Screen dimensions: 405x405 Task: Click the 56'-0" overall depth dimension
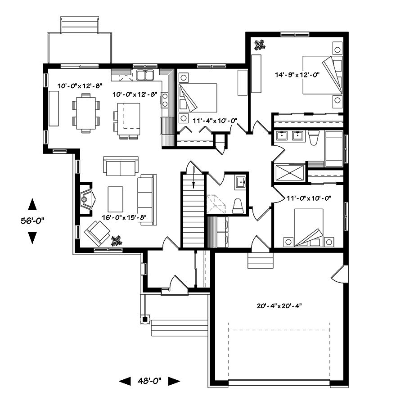(x=32, y=220)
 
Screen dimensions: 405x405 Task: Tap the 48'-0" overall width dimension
(x=149, y=381)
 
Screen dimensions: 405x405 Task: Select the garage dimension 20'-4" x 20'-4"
(x=279, y=306)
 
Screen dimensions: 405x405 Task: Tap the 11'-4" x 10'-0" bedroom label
(x=214, y=121)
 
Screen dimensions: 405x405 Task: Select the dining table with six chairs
(x=85, y=112)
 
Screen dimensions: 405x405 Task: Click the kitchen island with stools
(x=128, y=119)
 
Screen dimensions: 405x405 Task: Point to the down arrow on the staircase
(x=193, y=178)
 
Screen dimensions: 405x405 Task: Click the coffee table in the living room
(x=115, y=199)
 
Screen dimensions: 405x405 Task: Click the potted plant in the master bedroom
(x=260, y=45)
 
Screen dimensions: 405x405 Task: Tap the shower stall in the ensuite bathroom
(x=288, y=172)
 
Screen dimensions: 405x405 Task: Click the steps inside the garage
(x=260, y=261)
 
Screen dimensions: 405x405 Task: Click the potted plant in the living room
(x=117, y=240)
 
